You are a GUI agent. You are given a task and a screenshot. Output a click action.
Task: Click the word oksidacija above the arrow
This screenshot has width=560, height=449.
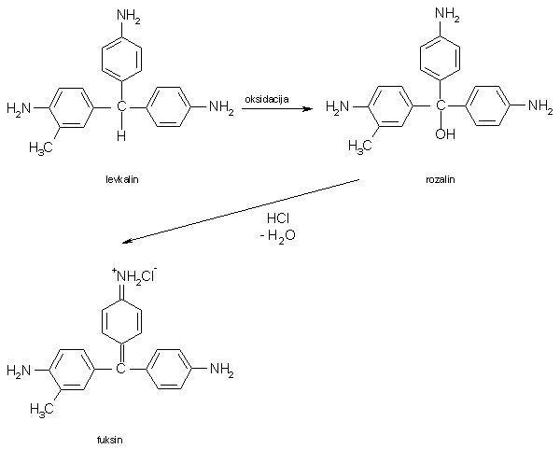pyautogui.click(x=266, y=99)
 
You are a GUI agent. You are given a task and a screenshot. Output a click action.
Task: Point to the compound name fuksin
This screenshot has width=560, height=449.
pyautogui.click(x=109, y=438)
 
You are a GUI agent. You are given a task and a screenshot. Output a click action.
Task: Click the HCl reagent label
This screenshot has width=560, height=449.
pyautogui.click(x=280, y=218)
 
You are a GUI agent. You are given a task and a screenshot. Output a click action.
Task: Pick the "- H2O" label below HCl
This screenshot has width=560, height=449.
pyautogui.click(x=277, y=237)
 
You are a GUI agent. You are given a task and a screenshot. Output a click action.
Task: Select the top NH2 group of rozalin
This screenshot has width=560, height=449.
pyautogui.click(x=446, y=17)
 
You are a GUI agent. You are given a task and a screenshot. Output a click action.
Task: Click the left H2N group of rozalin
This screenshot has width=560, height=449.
pyautogui.click(x=339, y=108)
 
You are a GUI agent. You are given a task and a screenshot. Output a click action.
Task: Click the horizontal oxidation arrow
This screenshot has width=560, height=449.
pyautogui.click(x=276, y=109)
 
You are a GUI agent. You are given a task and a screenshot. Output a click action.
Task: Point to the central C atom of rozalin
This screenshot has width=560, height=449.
pyautogui.click(x=441, y=108)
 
